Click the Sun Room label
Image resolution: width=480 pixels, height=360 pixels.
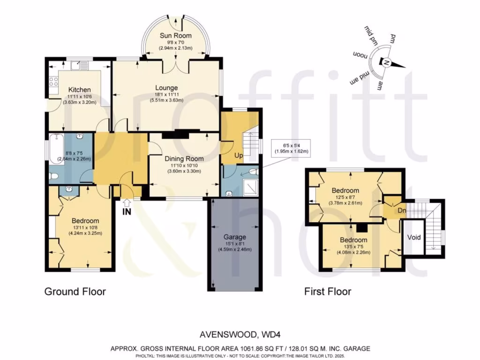coord(175,36)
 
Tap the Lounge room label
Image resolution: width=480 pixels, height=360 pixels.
coord(166,88)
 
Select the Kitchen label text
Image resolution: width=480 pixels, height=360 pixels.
coord(79,90)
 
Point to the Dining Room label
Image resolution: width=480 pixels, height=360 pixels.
coord(184,158)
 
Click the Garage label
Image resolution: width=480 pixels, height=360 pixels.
coord(235,237)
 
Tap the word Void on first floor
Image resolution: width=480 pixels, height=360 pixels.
coord(414,237)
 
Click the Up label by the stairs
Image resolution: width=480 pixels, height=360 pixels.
coord(239,156)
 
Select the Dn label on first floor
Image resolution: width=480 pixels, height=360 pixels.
coord(402,210)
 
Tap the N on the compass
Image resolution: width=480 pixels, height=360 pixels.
coord(386,63)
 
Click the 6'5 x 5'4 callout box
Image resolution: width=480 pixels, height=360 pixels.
coord(291,148)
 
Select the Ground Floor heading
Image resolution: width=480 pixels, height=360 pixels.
coord(75,292)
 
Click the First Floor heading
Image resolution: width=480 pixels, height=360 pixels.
coord(328,292)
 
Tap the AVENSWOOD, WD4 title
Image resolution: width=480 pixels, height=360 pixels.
coord(240,335)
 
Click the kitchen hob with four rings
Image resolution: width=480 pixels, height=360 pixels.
coord(54,81)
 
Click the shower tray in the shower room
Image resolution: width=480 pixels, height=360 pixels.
coord(250,188)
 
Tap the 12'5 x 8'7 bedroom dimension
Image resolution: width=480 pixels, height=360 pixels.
coord(345,197)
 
